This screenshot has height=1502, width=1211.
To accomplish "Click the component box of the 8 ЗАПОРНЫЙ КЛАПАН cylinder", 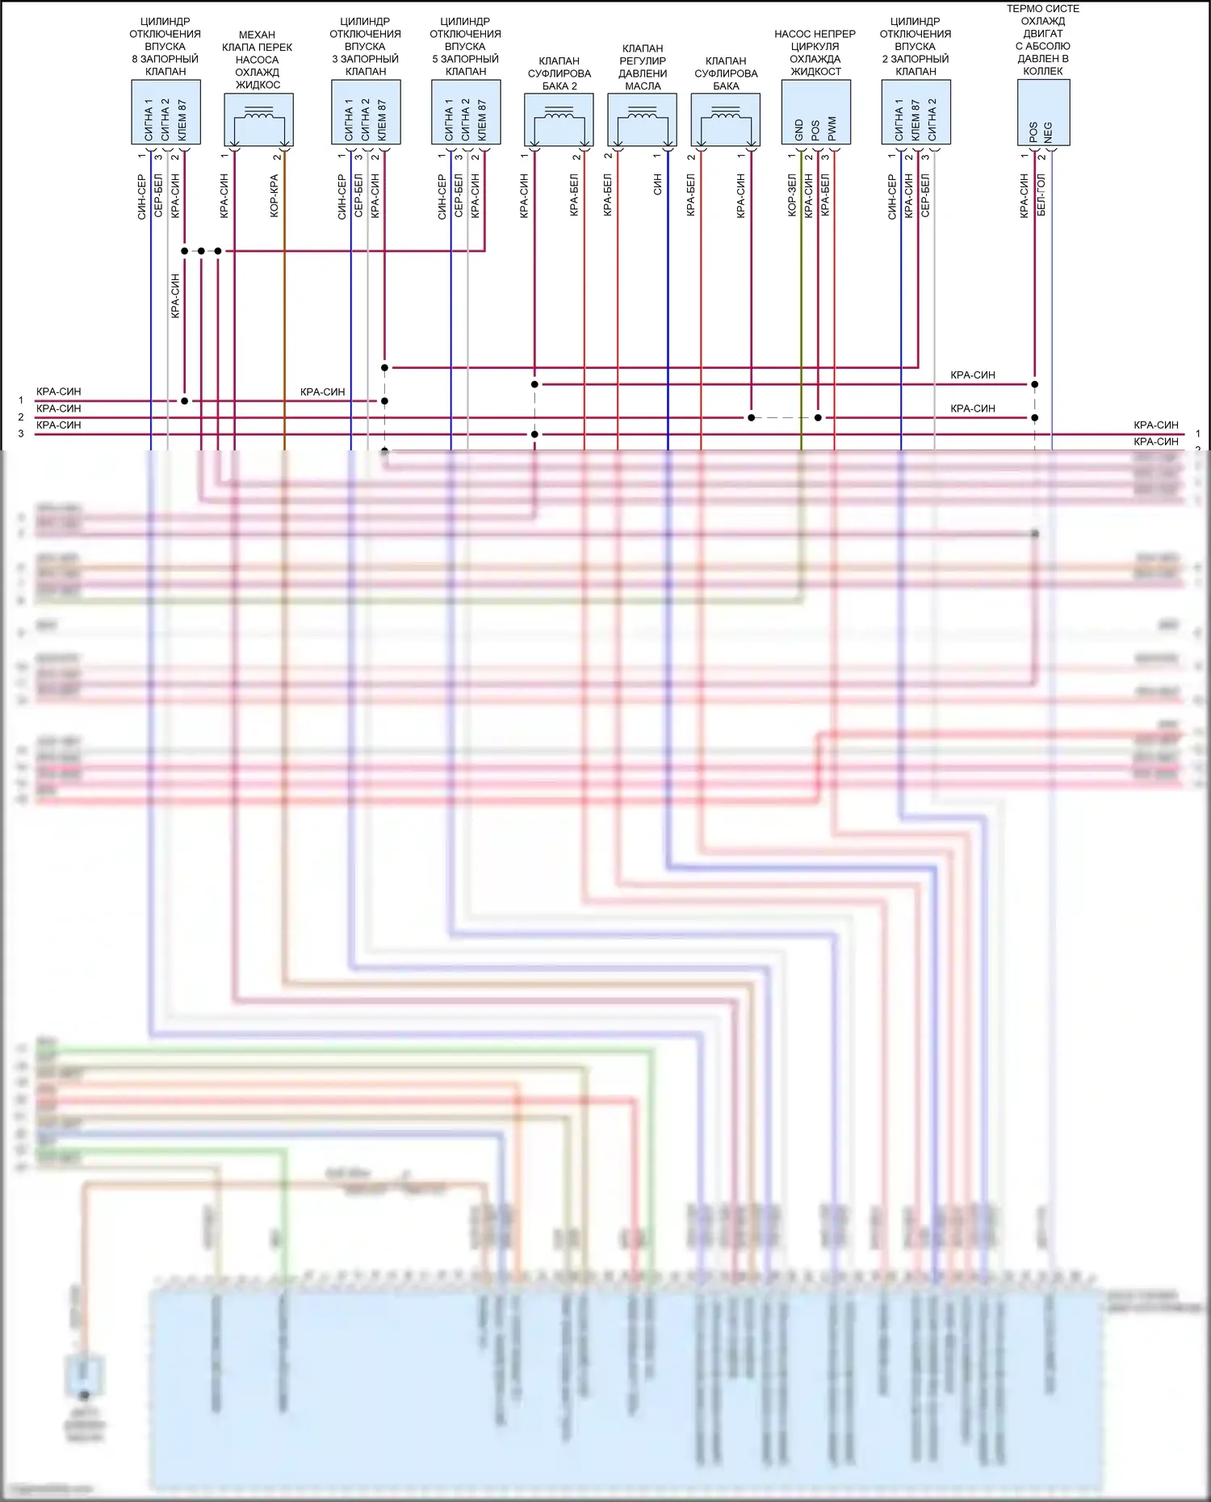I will coord(166,112).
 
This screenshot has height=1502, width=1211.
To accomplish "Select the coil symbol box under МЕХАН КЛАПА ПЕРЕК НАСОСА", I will coord(258,119).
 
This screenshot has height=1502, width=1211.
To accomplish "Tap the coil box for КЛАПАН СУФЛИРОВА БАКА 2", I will coord(559,119).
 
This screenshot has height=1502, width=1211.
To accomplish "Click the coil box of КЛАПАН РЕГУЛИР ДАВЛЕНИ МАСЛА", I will coord(642,119).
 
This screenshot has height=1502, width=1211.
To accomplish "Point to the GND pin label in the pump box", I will coord(799,130).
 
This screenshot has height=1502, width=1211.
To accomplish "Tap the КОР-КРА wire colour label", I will coord(274,196).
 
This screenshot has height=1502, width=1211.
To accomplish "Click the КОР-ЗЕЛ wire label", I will coord(792,195).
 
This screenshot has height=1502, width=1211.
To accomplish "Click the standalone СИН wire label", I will coord(658,185).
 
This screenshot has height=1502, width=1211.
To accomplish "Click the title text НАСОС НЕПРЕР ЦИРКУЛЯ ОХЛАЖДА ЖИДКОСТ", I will coord(815,52).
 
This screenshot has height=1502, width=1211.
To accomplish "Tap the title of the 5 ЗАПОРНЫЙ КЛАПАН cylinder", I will coord(466,46).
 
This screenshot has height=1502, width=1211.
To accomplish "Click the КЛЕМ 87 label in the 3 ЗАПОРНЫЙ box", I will coord(382,120).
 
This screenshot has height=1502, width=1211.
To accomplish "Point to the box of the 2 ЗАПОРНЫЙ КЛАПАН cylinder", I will coord(916,112).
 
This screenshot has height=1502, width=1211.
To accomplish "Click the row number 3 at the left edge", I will coord(21,434).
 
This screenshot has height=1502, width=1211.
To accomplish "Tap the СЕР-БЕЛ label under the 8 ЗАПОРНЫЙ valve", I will coord(158,195).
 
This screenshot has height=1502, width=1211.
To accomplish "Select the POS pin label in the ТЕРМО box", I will coord(1033,132).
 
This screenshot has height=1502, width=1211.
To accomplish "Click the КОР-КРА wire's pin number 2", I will coord(277,156).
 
